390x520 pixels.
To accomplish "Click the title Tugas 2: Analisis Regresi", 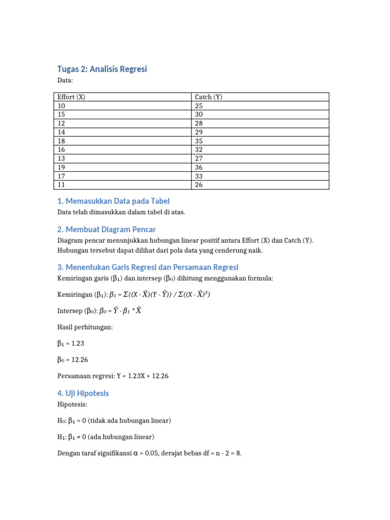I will click(x=102, y=69).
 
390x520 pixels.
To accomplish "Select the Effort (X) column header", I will click(x=72, y=97).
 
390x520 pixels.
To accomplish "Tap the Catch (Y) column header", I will click(x=209, y=97).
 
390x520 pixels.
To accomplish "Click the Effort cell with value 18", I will click(x=61, y=141).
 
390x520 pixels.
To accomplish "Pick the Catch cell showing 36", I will click(x=199, y=167).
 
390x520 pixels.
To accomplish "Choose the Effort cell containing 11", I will click(x=61, y=185).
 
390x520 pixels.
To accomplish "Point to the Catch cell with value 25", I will click(x=199, y=106).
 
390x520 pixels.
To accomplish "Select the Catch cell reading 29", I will click(x=199, y=132).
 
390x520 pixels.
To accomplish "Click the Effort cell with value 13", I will click(x=61, y=158).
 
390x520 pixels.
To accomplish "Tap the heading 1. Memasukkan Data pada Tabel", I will click(x=113, y=201).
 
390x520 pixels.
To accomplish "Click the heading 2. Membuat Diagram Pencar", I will click(x=106, y=230).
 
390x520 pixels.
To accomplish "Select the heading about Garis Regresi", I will click(x=147, y=267).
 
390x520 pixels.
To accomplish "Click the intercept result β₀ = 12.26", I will click(x=72, y=360).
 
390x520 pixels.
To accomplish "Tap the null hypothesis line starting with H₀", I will click(x=114, y=420).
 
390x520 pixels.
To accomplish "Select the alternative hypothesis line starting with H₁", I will click(x=106, y=437).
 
